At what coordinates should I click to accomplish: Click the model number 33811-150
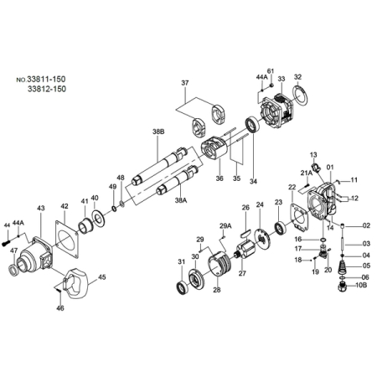46,79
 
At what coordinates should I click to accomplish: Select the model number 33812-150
47,89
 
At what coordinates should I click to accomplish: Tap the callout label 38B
158,132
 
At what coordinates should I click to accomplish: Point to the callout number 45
101,277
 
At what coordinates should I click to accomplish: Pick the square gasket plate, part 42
66,239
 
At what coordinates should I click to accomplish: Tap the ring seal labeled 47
13,270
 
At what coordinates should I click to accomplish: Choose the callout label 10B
361,285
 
